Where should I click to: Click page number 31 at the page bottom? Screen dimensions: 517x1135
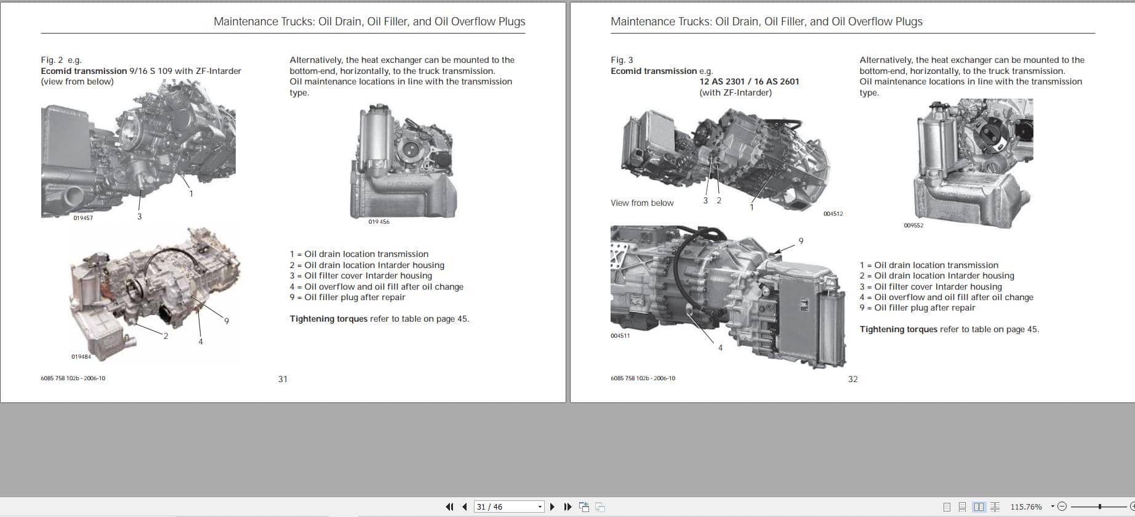(x=283, y=379)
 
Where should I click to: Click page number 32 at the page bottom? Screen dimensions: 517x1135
(x=852, y=379)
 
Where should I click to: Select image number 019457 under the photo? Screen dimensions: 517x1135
(x=83, y=218)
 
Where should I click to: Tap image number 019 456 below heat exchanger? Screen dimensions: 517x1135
(x=379, y=222)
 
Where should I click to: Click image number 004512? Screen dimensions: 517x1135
(x=833, y=214)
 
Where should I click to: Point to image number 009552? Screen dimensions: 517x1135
(x=913, y=226)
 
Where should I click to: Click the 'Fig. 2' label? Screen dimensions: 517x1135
(x=52, y=60)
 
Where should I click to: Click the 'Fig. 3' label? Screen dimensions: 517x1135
(x=622, y=60)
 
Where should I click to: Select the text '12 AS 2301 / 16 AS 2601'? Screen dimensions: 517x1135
(x=749, y=81)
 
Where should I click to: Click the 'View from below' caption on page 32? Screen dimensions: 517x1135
(x=642, y=203)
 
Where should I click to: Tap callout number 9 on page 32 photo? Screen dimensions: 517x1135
(x=801, y=241)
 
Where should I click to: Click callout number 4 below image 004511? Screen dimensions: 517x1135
(x=720, y=348)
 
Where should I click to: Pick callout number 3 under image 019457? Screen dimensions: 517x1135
(x=139, y=216)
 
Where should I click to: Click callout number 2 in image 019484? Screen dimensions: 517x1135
(x=166, y=336)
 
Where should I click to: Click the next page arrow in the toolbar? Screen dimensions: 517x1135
(x=552, y=507)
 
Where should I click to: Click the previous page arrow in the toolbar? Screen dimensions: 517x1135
(x=464, y=507)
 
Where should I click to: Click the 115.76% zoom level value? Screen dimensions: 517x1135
(x=1025, y=507)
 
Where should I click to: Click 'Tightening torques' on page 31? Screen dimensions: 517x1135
(x=329, y=319)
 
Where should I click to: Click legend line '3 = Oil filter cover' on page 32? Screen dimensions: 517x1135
(x=931, y=287)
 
